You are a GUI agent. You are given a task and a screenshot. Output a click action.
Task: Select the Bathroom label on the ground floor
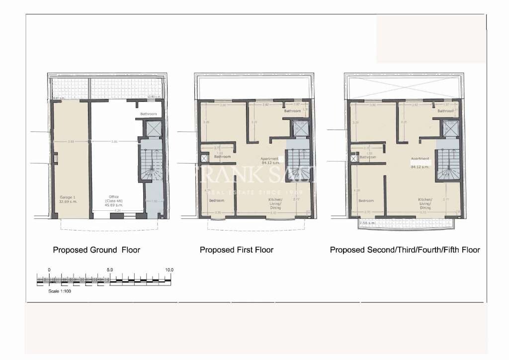[148, 114]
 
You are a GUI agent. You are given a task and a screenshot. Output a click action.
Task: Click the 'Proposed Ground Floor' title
[96, 250]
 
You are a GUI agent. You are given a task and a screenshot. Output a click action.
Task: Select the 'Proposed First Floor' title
[237, 250]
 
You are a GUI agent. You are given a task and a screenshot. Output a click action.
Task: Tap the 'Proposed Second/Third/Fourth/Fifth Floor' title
[405, 250]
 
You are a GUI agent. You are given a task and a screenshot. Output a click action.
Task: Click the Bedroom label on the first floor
[216, 200]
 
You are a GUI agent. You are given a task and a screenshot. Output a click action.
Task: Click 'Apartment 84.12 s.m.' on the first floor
[270, 161]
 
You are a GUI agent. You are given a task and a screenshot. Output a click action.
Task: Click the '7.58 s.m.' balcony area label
[367, 223]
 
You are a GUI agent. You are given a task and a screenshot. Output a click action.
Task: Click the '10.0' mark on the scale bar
[170, 270]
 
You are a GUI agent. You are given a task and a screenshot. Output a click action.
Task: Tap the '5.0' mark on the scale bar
[109, 270]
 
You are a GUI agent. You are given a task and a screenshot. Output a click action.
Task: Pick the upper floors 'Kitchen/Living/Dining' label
[425, 204]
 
